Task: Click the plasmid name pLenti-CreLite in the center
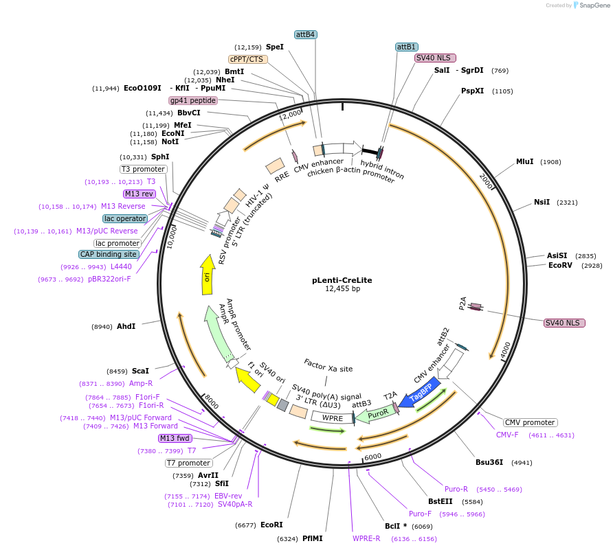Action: pyautogui.click(x=336, y=280)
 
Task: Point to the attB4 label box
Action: pyautogui.click(x=305, y=34)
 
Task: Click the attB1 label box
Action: pyautogui.click(x=406, y=47)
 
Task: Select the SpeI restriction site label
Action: pyautogui.click(x=275, y=47)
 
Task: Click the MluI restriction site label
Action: pyautogui.click(x=524, y=162)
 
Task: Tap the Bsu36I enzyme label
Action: pyautogui.click(x=489, y=462)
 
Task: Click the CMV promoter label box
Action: pyautogui.click(x=530, y=422)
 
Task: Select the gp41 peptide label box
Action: pyautogui.click(x=193, y=100)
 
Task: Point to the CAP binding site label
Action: pyautogui.click(x=109, y=254)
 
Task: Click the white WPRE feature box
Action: pyautogui.click(x=333, y=417)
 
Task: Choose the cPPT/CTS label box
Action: pyautogui.click(x=247, y=59)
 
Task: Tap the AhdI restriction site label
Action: pyautogui.click(x=126, y=326)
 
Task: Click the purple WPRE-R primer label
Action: pyautogui.click(x=366, y=538)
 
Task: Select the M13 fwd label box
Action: pyautogui.click(x=175, y=438)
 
